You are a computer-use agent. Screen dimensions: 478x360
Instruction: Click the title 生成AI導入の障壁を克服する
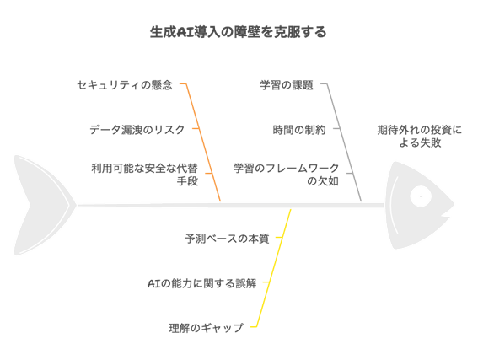pyautogui.click(x=238, y=32)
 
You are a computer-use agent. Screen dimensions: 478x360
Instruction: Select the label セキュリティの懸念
pyautogui.click(x=125, y=85)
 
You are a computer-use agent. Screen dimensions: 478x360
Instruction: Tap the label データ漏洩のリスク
pyautogui.click(x=137, y=130)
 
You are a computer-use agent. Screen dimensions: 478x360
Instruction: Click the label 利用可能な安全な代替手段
pyautogui.click(x=145, y=175)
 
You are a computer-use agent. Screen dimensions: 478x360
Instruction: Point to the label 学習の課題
pyautogui.click(x=287, y=85)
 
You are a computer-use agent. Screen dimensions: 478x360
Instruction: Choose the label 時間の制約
pyautogui.click(x=299, y=130)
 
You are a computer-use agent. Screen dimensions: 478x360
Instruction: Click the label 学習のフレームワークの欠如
pyautogui.click(x=287, y=175)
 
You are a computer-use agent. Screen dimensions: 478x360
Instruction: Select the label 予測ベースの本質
pyautogui.click(x=227, y=239)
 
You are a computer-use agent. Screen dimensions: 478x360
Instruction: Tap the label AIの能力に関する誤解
pyautogui.click(x=201, y=283)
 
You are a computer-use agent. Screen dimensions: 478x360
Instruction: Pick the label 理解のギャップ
pyautogui.click(x=207, y=328)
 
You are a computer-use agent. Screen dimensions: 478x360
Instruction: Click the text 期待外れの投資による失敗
pyautogui.click(x=420, y=137)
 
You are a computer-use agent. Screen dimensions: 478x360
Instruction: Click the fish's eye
pyautogui.click(x=421, y=196)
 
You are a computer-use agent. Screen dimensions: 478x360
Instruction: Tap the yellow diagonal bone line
pyautogui.click(x=273, y=268)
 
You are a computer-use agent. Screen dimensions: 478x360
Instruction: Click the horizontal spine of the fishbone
pyautogui.click(x=231, y=206)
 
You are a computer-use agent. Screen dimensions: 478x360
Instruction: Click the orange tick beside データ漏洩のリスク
pyautogui.click(x=196, y=129)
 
